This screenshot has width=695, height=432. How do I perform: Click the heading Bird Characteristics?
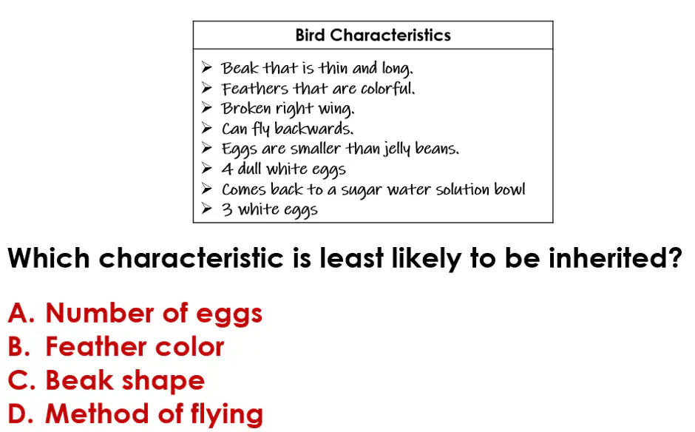pyautogui.click(x=373, y=35)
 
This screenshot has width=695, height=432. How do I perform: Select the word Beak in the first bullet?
pyautogui.click(x=240, y=68)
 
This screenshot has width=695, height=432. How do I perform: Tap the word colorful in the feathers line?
pyautogui.click(x=387, y=88)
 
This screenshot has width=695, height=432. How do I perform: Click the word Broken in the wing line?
pyautogui.click(x=246, y=108)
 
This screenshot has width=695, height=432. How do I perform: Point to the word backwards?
pyautogui.click(x=313, y=128)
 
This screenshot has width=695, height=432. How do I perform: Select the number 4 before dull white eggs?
pyautogui.click(x=227, y=169)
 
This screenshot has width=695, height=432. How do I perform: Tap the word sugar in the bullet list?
pyautogui.click(x=361, y=190)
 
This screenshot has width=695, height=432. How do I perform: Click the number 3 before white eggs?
pyautogui.click(x=227, y=209)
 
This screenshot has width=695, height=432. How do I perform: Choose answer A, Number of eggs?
pyautogui.click(x=135, y=313)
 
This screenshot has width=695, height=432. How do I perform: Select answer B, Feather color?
pyautogui.click(x=116, y=346)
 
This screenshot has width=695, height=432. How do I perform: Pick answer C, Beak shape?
pyautogui.click(x=106, y=380)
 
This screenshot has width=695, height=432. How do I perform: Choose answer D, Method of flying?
pyautogui.click(x=135, y=414)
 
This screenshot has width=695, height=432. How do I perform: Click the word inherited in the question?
pyautogui.click(x=615, y=257)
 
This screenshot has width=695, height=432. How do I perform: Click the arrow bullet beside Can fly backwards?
pyautogui.click(x=206, y=128)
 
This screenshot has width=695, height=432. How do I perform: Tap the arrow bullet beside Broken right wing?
pyautogui.click(x=206, y=107)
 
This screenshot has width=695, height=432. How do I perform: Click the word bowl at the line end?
pyautogui.click(x=509, y=189)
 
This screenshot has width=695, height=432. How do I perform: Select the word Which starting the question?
pyautogui.click(x=49, y=257)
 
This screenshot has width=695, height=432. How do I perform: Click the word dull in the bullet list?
pyautogui.click(x=250, y=169)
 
